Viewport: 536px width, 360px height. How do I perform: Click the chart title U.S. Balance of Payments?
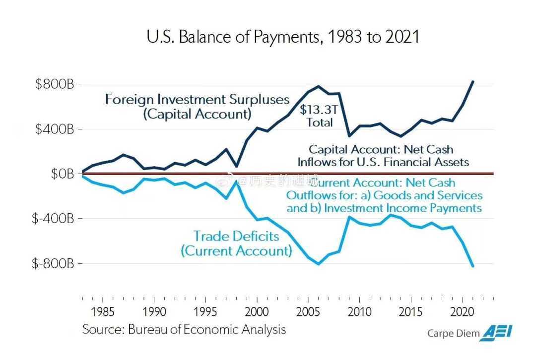pos(283,37)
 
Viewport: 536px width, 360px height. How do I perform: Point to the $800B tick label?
pos(55,84)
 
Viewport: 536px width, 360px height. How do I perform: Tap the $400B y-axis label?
pos(55,129)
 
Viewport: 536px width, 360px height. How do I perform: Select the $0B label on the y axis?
pos(62,174)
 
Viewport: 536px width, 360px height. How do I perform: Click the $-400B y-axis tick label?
pos(53,219)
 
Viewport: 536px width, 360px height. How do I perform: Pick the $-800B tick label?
pos(53,263)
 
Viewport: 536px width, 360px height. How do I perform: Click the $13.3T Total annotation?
pos(319,116)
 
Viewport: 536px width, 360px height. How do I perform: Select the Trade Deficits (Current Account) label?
pos(236,243)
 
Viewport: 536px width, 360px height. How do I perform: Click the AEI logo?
pos(498,332)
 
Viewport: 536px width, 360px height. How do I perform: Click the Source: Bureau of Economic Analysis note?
pos(184,329)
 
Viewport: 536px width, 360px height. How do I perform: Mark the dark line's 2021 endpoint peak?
pos(473,81)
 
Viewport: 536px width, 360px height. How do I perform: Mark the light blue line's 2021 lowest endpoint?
pos(473,266)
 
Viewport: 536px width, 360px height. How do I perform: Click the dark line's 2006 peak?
pos(319,86)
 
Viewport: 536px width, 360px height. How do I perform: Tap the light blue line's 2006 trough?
pos(319,264)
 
